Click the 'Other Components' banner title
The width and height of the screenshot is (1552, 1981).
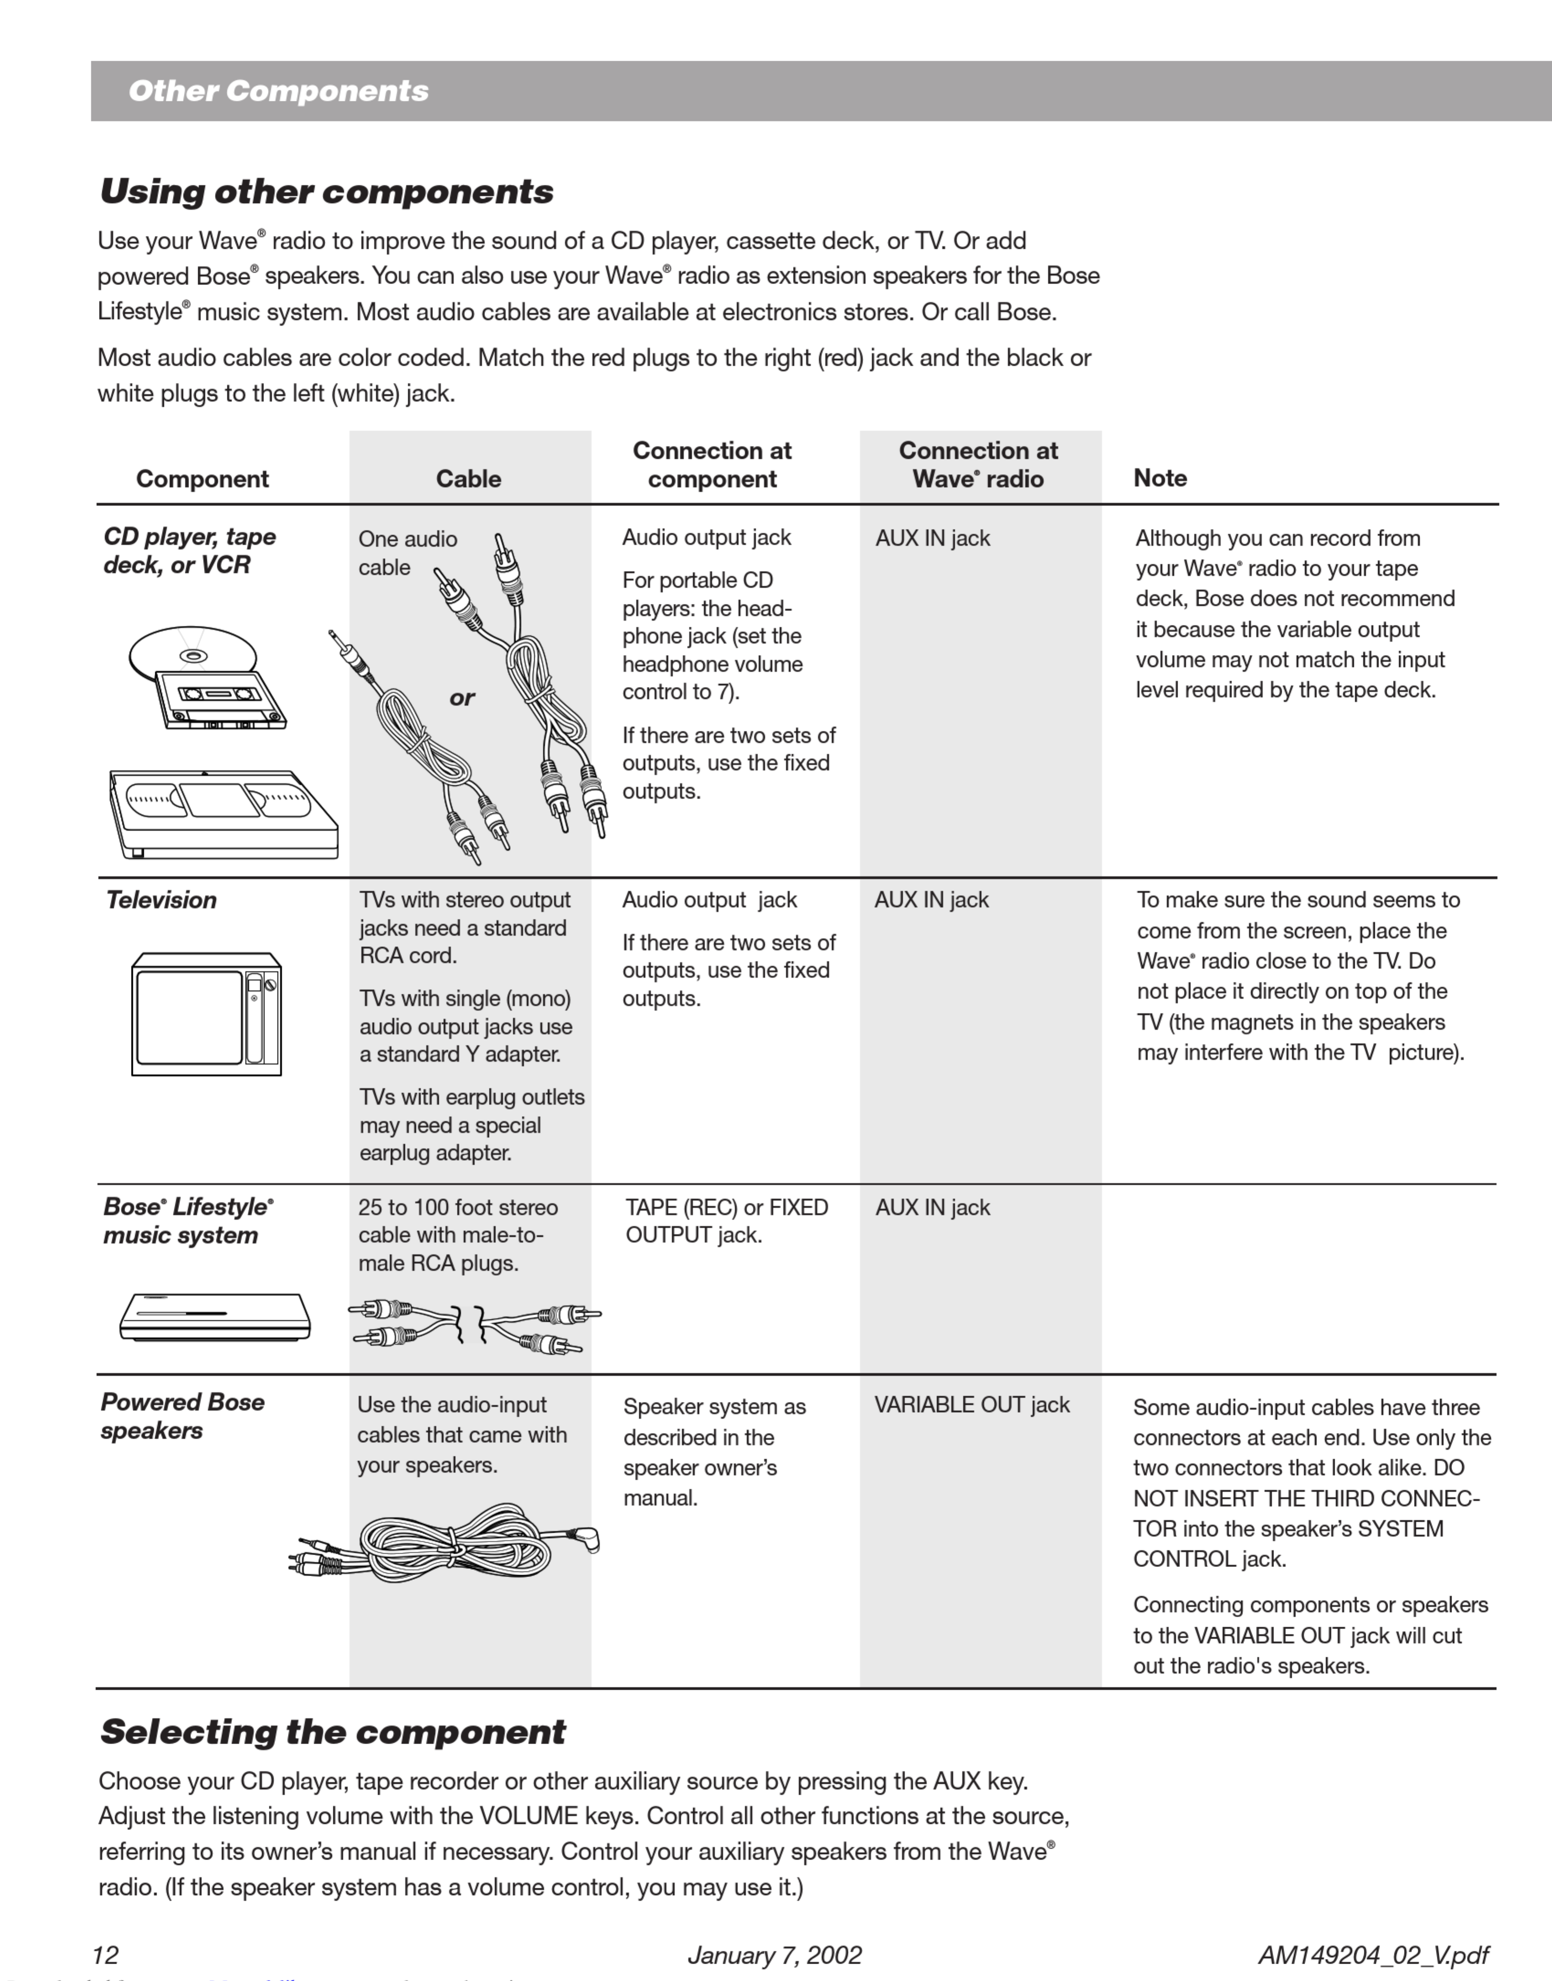pos(278,91)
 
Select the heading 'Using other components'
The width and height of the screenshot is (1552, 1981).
pos(326,192)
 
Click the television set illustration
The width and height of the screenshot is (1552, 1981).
pos(206,1014)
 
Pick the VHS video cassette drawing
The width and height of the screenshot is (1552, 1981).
pos(223,813)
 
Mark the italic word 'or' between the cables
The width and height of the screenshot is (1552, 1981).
pos(461,698)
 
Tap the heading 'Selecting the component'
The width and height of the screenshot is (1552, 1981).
pos(333,1732)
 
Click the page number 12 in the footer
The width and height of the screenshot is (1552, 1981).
pos(105,1955)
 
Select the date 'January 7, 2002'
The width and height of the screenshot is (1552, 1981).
pos(774,1955)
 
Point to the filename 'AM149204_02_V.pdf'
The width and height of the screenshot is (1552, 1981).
pos(1373,1955)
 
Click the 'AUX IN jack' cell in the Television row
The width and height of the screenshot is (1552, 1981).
pos(931,900)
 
